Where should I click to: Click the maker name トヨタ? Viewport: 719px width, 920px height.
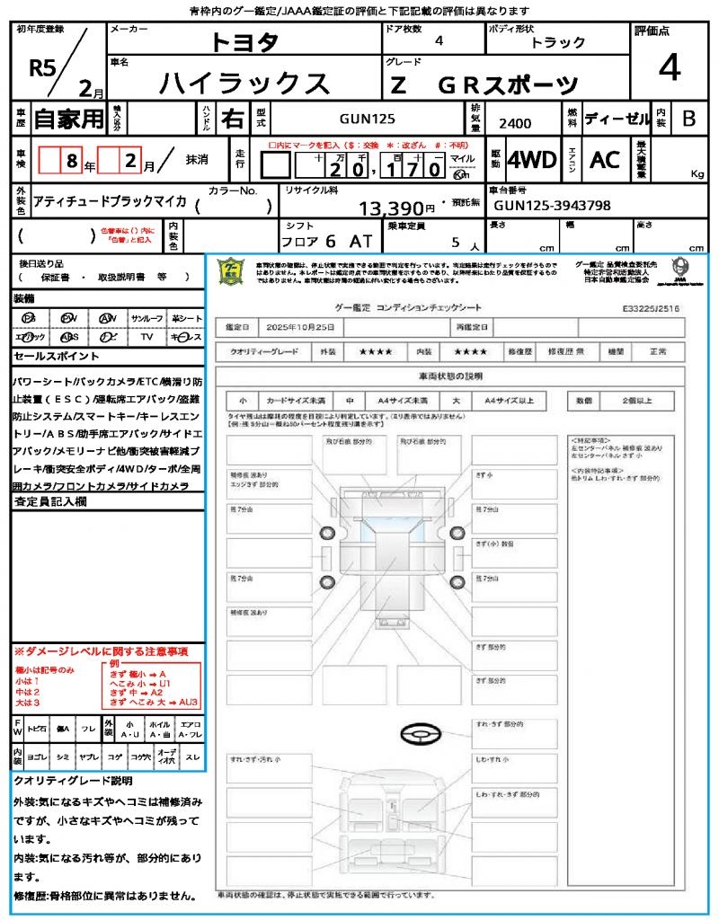tap(244, 42)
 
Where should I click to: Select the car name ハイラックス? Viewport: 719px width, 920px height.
tap(244, 84)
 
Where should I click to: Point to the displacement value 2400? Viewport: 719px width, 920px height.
tap(514, 123)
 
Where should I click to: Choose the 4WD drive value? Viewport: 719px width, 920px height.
tap(531, 160)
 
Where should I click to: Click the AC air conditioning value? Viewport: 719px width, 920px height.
tap(605, 160)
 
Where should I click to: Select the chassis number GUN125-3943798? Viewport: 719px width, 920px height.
tap(552, 206)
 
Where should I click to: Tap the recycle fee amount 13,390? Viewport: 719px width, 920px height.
tap(396, 208)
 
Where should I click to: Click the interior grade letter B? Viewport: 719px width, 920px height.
tap(688, 118)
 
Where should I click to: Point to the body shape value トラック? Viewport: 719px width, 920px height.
tap(557, 42)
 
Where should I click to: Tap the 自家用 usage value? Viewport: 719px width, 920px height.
tap(68, 118)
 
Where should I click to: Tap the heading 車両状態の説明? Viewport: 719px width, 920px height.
tap(449, 376)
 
